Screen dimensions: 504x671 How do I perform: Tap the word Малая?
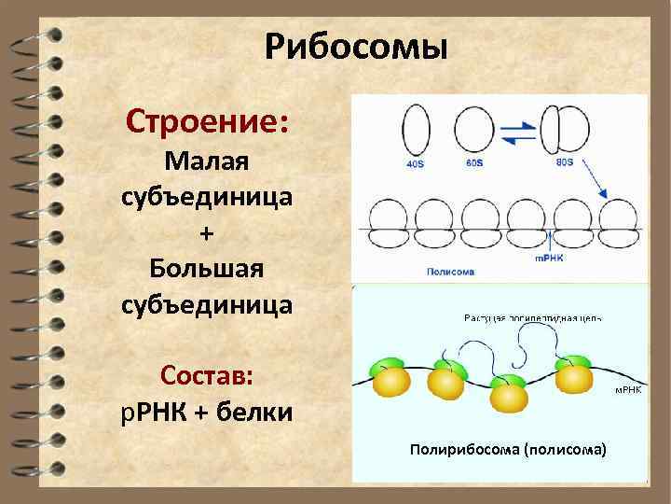206,161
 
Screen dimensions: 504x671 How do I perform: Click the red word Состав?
206,376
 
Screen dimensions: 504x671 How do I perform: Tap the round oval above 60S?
477,128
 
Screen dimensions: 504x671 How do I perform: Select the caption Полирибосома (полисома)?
507,450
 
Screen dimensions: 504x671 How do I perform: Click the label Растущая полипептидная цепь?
532,317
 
